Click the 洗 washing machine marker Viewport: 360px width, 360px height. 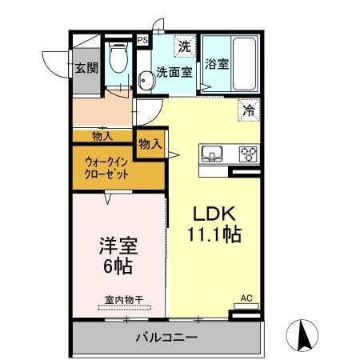[184, 46]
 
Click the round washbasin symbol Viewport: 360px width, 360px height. [146, 80]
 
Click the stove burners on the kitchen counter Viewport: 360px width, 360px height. [249, 153]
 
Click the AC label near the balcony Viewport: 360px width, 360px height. [246, 299]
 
